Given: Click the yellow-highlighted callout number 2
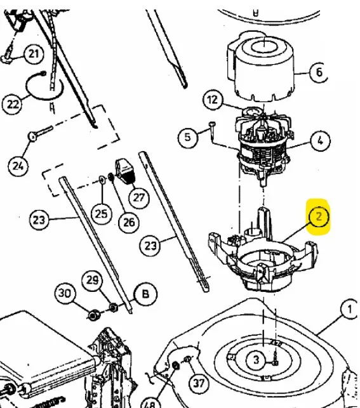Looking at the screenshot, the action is (319, 216).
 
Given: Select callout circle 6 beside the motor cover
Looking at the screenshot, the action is (319, 72).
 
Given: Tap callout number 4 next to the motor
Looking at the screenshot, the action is (320, 140).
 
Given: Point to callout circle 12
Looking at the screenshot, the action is (213, 100).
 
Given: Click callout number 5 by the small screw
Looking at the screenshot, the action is (188, 137).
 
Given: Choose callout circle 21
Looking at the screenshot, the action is (34, 54).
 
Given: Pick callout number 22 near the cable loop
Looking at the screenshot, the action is (12, 104).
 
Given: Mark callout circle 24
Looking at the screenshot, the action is (18, 166).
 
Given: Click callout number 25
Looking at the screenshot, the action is (101, 214).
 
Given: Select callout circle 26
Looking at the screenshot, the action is (129, 222).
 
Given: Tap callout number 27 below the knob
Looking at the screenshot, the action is (139, 198).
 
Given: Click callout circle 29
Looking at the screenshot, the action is (93, 280).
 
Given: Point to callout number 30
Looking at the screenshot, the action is (65, 294).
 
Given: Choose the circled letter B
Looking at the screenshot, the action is (145, 294).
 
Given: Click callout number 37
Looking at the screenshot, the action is (199, 383).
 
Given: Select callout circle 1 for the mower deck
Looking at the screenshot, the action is (350, 309).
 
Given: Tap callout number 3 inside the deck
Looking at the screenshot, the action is (257, 360).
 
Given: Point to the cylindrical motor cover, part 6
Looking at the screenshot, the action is (261, 67).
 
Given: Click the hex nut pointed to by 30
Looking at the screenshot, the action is (93, 315).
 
